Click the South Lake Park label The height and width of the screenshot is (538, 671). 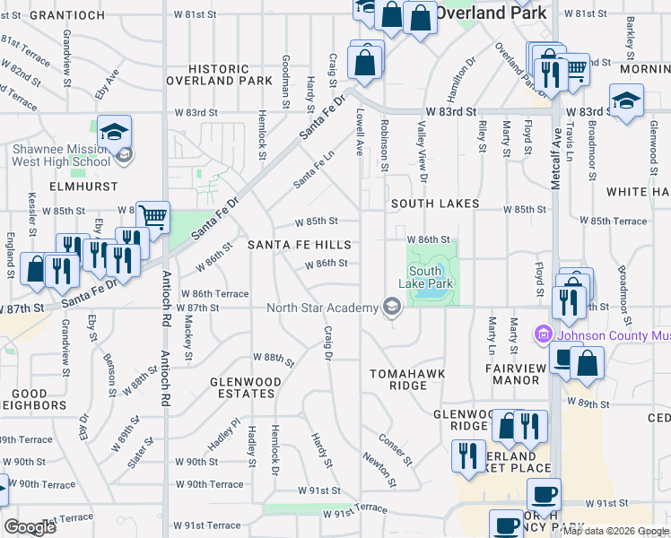425,277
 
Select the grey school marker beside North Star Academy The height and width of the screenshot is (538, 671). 391,308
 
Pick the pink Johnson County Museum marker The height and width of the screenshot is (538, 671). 543,335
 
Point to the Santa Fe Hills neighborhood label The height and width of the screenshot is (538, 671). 299,245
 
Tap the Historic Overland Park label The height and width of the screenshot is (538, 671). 220,74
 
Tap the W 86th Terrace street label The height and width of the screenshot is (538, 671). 214,293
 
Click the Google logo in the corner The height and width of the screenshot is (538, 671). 30,527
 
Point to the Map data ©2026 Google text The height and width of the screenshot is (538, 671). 615,531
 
